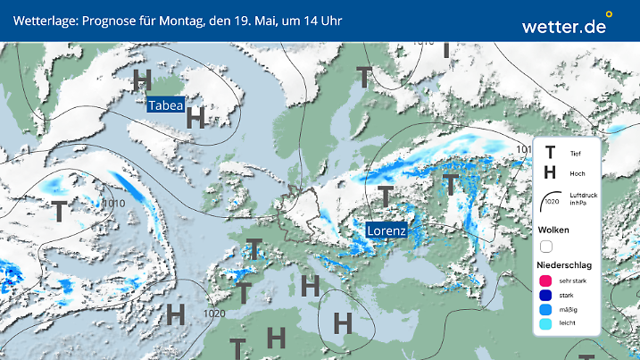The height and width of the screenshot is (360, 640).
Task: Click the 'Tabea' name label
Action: click(166, 105)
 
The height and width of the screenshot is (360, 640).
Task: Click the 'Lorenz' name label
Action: click(386, 230)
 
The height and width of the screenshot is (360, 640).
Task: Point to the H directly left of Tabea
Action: click(141, 80)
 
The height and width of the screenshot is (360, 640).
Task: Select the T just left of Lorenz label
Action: click(385, 196)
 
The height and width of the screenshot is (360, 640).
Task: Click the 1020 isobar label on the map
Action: click(214, 314)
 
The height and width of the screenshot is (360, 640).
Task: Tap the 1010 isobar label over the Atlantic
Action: click(114, 204)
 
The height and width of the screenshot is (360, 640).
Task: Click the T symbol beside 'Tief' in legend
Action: click(550, 154)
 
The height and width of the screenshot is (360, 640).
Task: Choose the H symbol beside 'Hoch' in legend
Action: click(550, 172)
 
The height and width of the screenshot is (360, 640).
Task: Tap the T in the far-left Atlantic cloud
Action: click(58, 212)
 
